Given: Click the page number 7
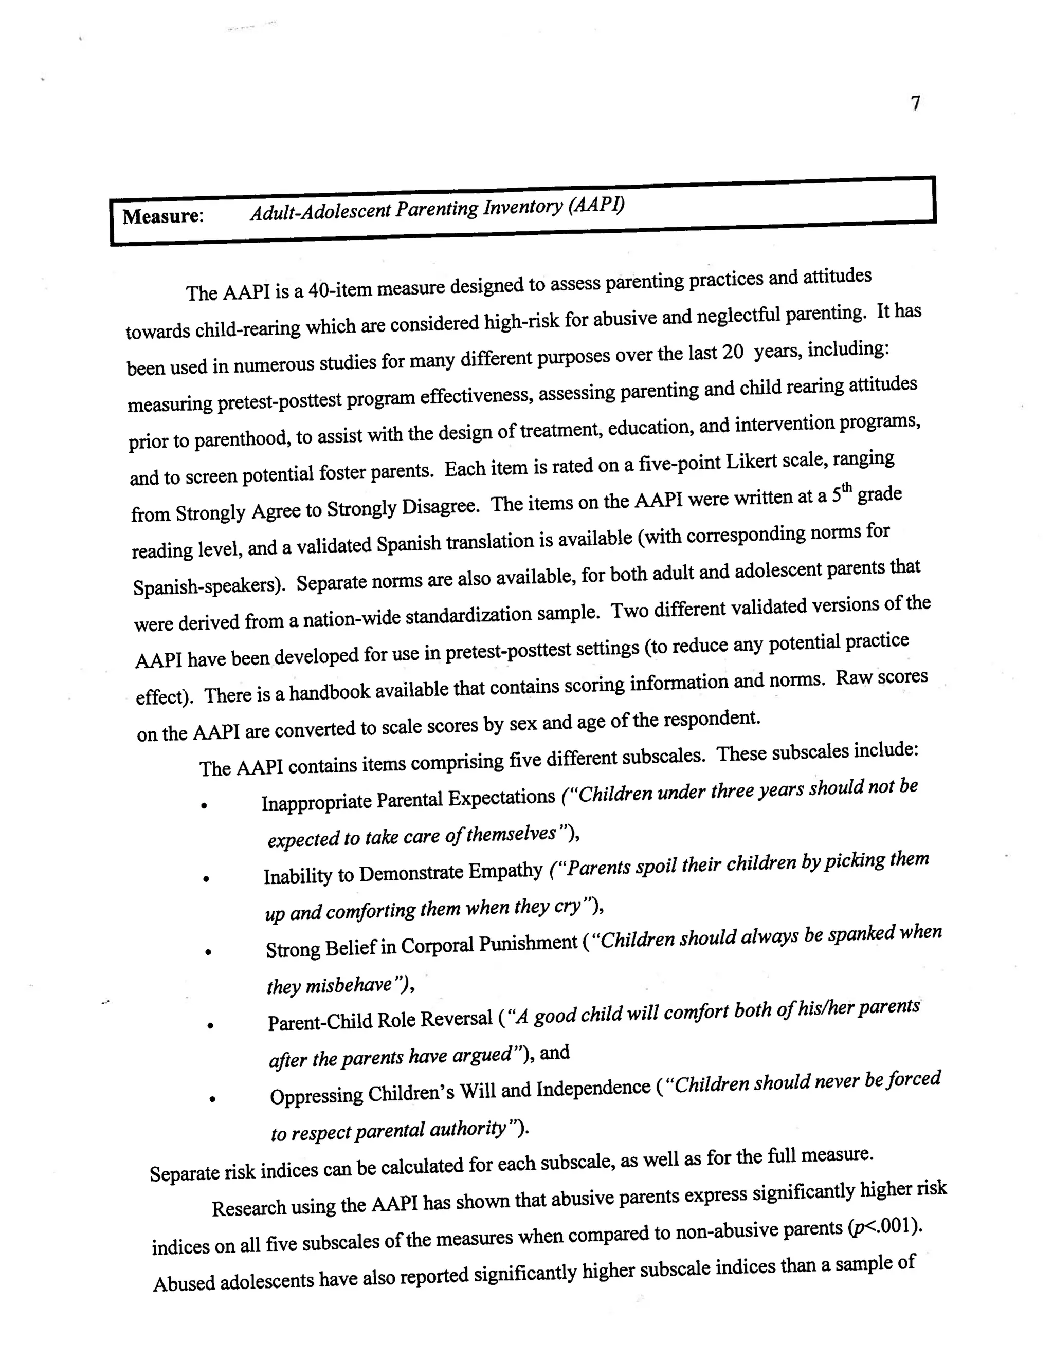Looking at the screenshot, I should tap(915, 103).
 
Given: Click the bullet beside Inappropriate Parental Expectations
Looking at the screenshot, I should tap(204, 806).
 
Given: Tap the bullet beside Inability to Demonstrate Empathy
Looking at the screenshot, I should tap(205, 879).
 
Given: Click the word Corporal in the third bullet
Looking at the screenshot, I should tap(436, 945).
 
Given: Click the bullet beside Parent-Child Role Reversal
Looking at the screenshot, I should tap(211, 1025).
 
